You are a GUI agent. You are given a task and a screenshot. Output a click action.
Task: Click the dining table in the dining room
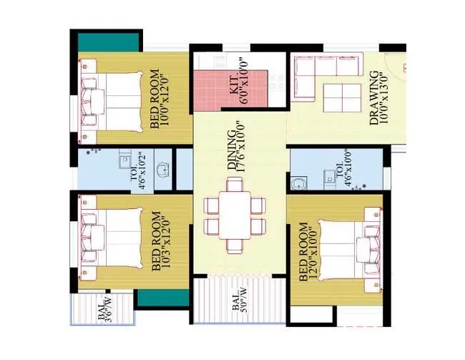click(235, 215)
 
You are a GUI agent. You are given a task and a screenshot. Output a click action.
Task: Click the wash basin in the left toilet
click(164, 170)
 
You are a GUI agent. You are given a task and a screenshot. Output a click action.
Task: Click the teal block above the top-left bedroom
click(108, 41)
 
